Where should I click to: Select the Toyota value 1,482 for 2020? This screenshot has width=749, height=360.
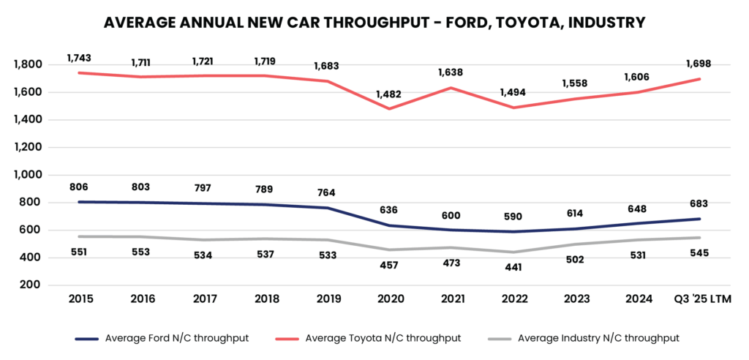point(389,94)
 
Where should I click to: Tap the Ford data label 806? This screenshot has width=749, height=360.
point(78,187)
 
